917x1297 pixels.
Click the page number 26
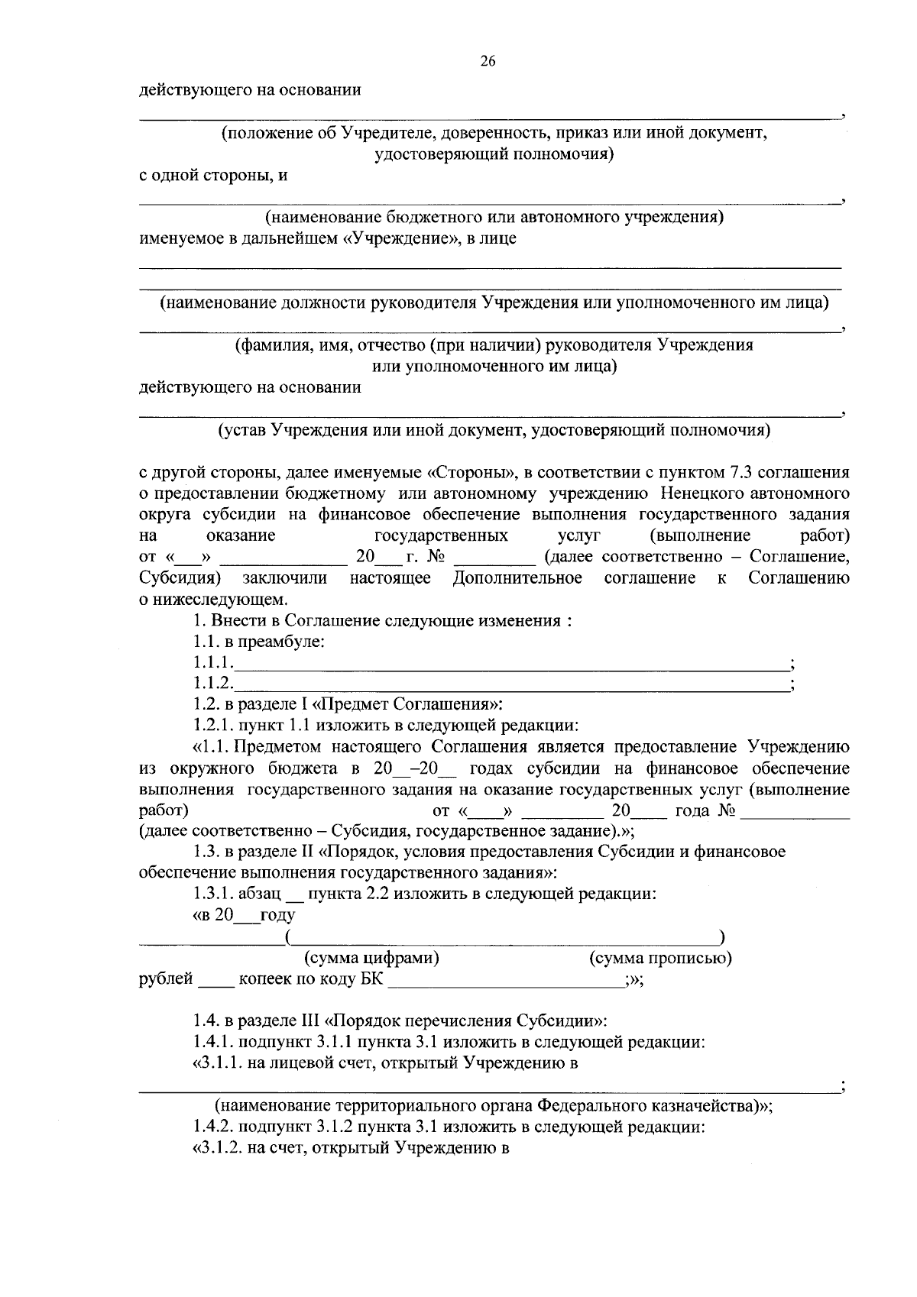pos(488,62)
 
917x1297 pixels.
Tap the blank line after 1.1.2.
pos(512,686)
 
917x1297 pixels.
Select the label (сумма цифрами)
pos(371,958)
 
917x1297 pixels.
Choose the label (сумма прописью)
pos(660,958)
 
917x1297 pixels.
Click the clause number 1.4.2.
pos(213,1127)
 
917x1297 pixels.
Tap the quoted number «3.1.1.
pos(219,1063)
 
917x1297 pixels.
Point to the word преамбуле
pos(287,642)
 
